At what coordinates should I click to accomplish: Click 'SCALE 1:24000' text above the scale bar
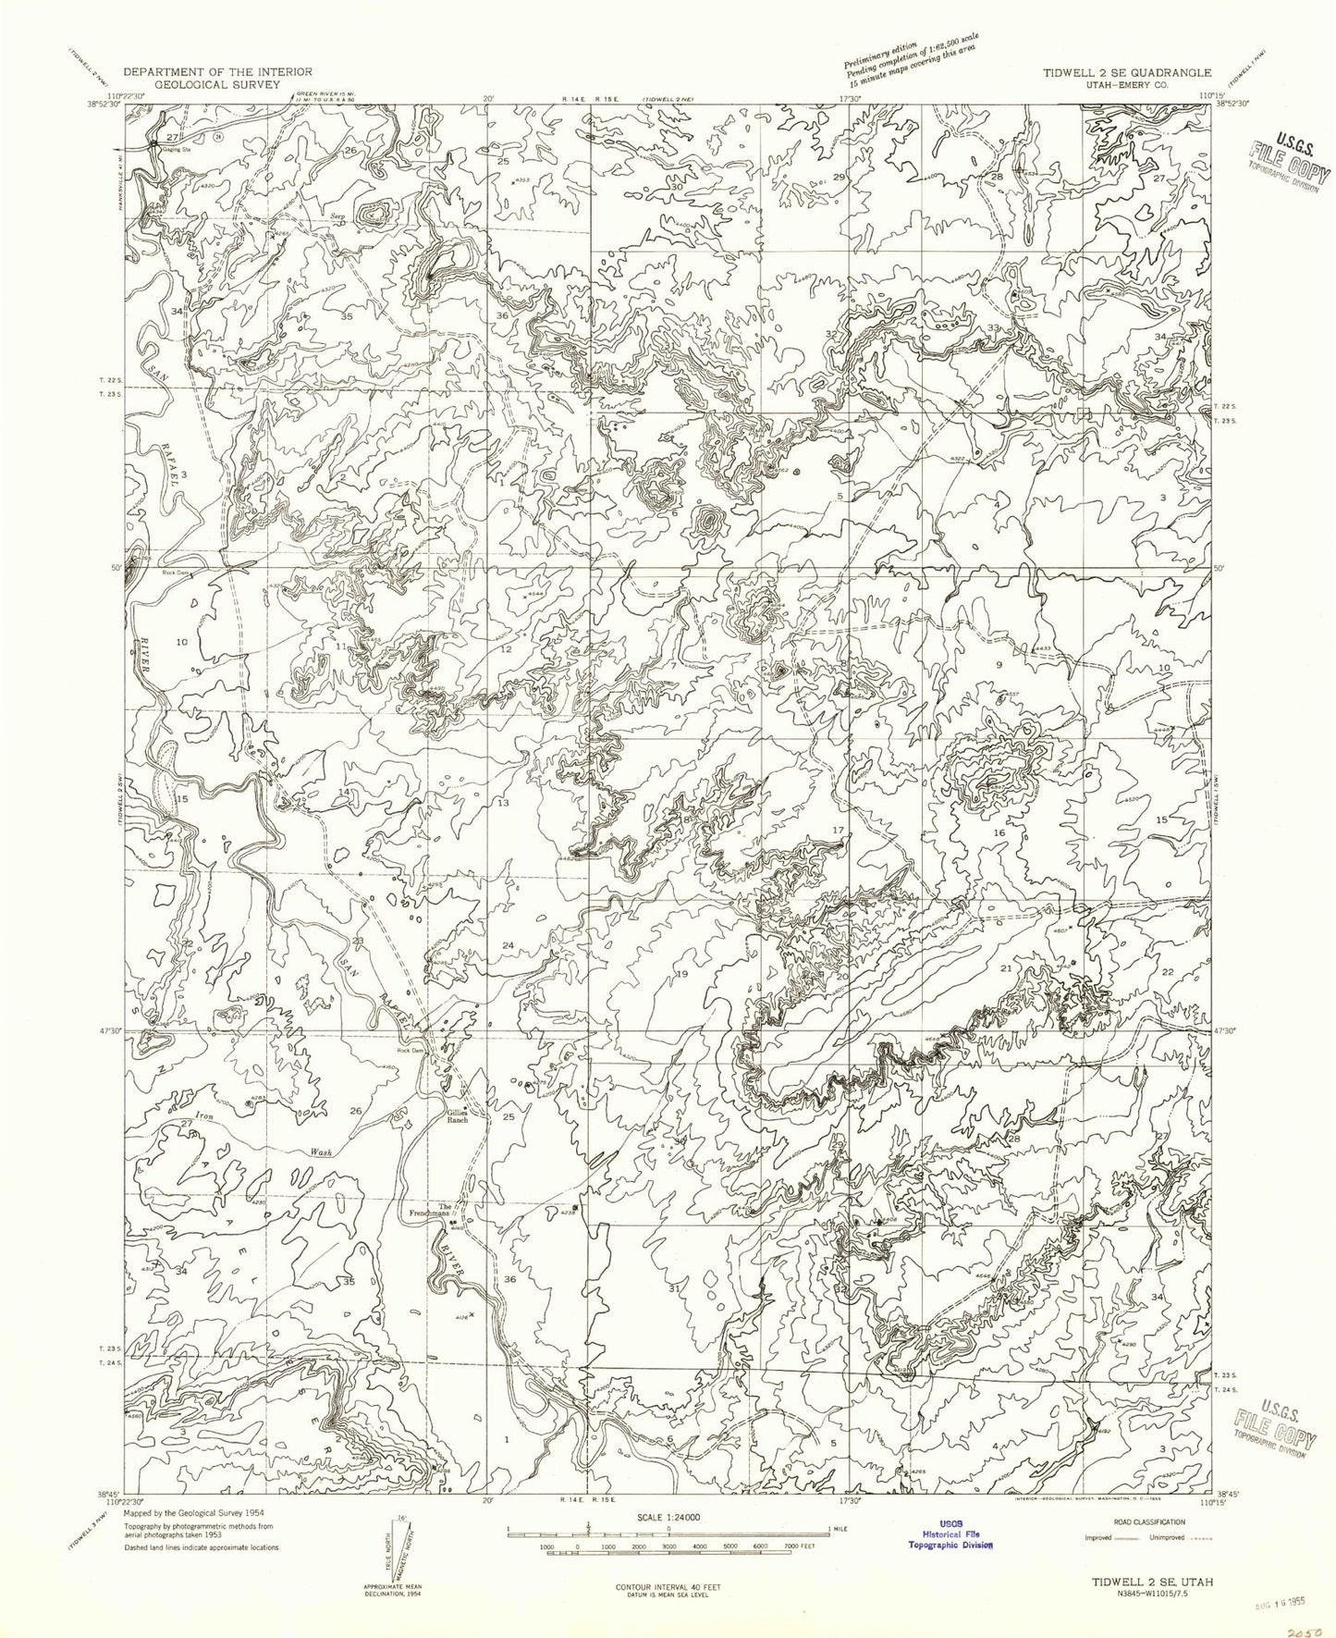pyautogui.click(x=668, y=1518)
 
